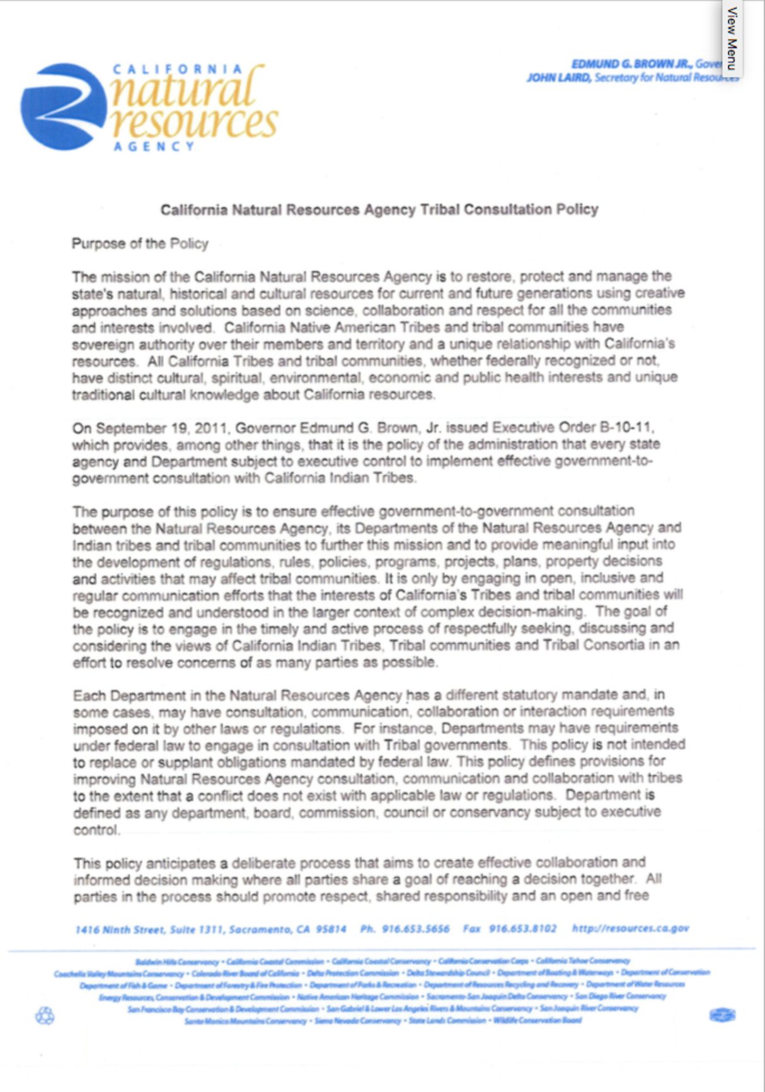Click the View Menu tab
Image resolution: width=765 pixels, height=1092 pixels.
click(732, 38)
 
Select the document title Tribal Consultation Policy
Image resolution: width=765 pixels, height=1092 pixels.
click(379, 209)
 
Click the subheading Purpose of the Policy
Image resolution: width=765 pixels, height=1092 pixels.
click(139, 244)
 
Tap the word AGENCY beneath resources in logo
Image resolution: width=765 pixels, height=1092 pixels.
click(154, 147)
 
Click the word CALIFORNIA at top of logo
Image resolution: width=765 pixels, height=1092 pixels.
click(177, 69)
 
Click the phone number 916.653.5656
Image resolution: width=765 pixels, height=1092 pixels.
click(415, 929)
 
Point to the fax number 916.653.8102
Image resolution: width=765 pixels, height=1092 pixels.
click(522, 929)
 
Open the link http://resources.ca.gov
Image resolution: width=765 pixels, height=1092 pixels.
click(630, 928)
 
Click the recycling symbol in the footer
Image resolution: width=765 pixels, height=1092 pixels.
click(45, 1016)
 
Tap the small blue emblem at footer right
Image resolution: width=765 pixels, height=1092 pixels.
click(722, 1015)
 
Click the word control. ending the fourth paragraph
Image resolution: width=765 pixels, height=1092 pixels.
click(96, 830)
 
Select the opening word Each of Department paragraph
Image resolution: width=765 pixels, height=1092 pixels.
click(89, 696)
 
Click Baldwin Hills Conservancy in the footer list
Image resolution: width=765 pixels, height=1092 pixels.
click(177, 962)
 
